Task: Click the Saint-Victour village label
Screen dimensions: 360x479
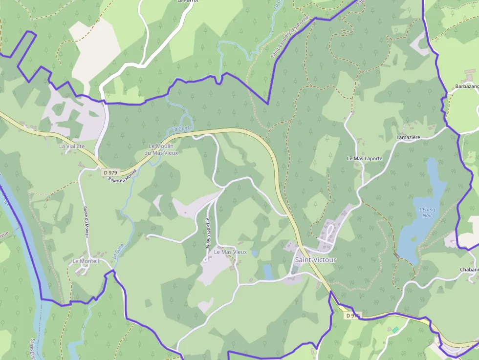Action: click(315, 260)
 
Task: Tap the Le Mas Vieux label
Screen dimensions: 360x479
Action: click(231, 252)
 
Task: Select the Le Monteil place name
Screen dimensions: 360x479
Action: click(86, 261)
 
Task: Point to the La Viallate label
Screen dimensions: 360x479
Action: click(72, 146)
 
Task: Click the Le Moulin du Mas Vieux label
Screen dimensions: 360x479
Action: click(161, 149)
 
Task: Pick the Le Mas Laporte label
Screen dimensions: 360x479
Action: click(365, 159)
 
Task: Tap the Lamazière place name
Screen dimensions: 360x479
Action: click(408, 138)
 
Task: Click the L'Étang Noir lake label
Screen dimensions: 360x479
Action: click(427, 212)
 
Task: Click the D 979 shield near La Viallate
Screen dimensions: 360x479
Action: click(110, 172)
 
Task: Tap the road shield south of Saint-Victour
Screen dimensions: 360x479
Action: click(352, 316)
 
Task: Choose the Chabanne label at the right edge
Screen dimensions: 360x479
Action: click(469, 270)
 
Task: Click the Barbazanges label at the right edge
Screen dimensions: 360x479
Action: click(467, 86)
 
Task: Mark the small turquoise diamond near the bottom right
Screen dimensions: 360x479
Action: click(395, 330)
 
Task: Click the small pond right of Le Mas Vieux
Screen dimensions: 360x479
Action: click(267, 272)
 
